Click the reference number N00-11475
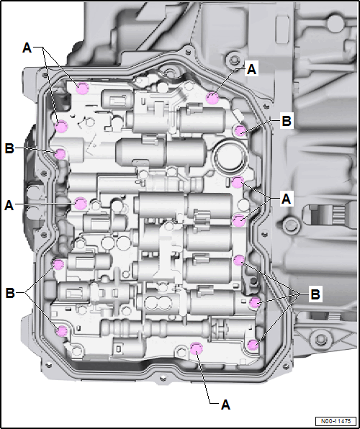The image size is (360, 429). pos(336,421)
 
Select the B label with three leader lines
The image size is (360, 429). pos(315,294)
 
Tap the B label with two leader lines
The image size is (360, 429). pos(10,293)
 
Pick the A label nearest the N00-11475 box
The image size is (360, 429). pos(225,405)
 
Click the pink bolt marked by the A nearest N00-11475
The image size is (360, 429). pos(196,348)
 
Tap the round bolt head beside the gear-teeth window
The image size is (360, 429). pos(288,225)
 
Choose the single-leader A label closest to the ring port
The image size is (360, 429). pos(251,70)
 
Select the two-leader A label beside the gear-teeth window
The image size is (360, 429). pos(286,199)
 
